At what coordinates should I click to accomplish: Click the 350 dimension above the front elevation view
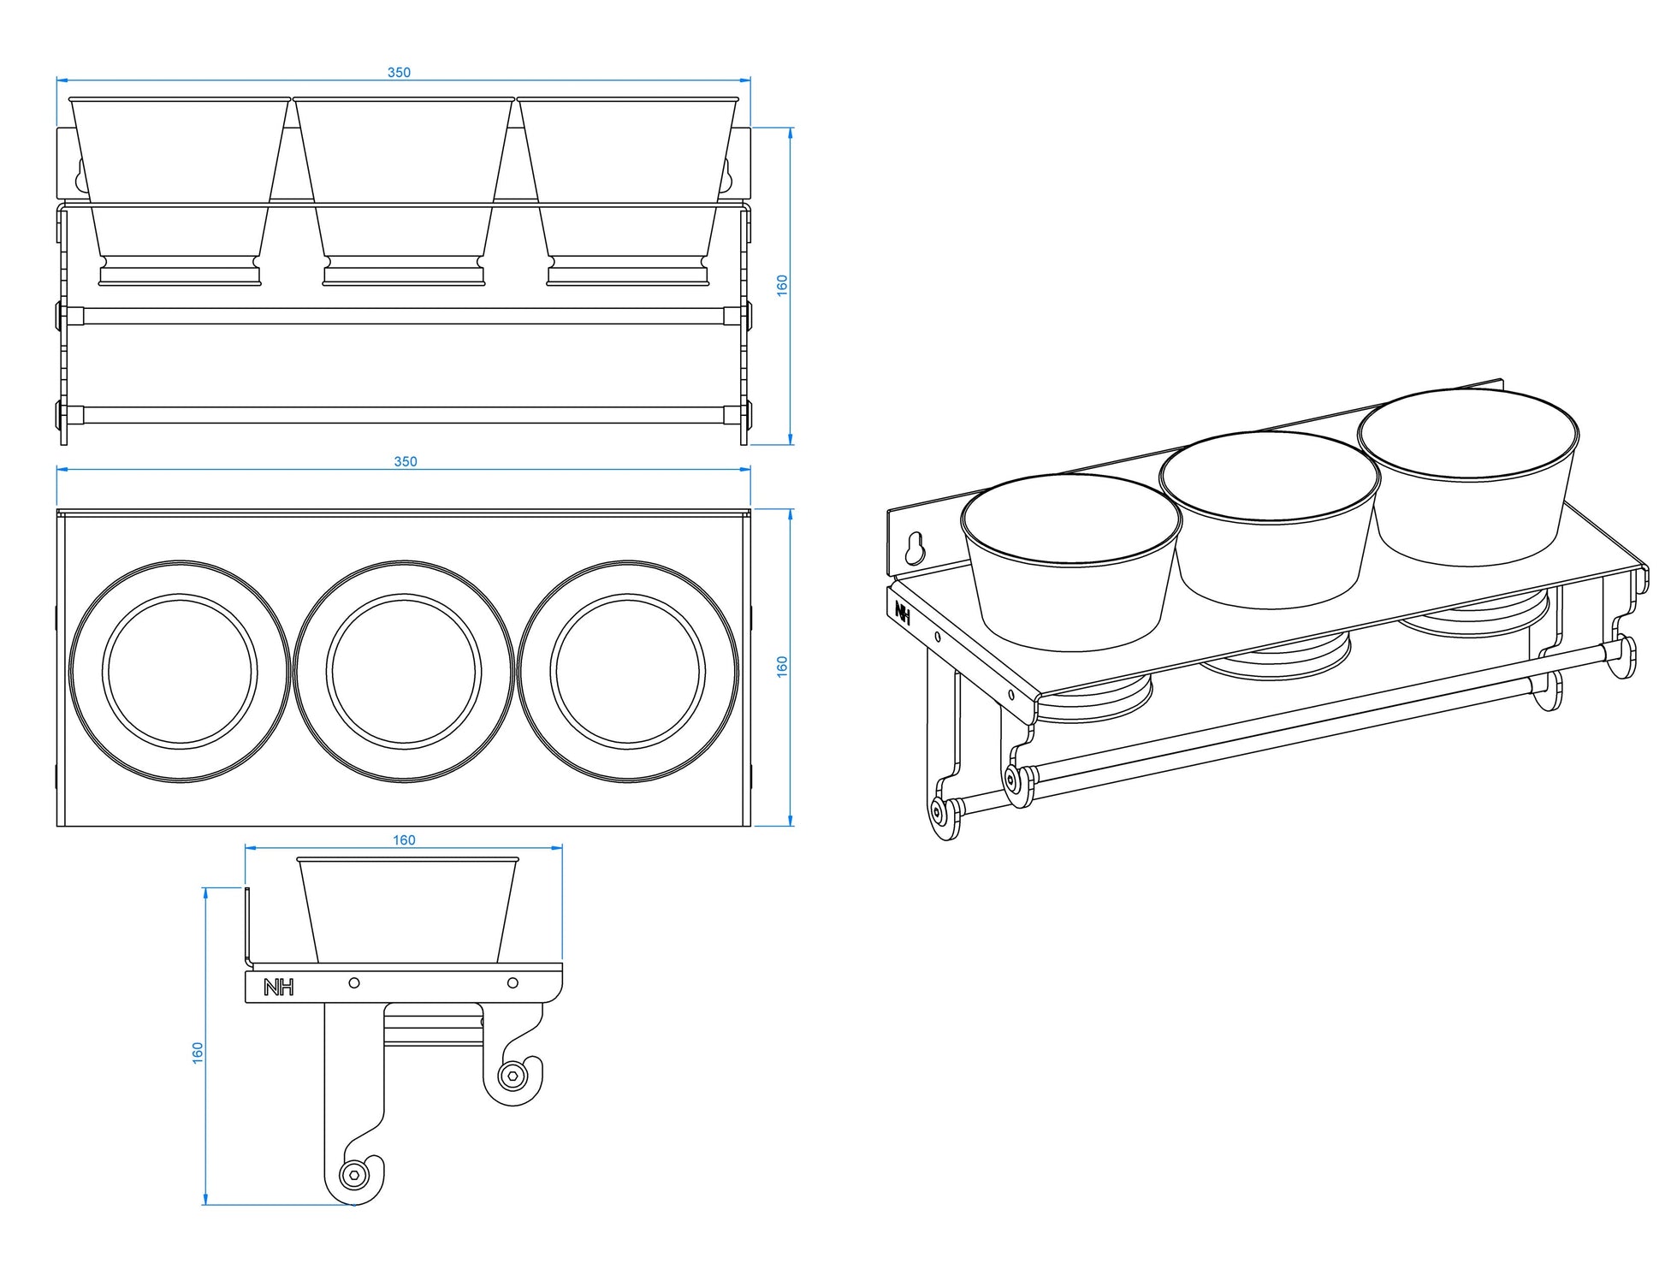(399, 73)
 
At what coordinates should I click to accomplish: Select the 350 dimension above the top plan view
(406, 462)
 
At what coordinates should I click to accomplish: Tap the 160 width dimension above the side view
(404, 840)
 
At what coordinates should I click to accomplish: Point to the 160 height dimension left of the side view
(198, 1053)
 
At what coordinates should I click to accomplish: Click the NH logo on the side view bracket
(279, 987)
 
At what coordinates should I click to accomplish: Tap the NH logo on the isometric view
(903, 610)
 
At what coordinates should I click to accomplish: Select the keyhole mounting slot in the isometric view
(915, 548)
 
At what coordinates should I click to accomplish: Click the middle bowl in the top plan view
(404, 671)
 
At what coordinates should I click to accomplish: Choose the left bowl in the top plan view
(180, 671)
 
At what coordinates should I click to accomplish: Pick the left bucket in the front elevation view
(180, 191)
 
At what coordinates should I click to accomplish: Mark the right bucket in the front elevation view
(627, 191)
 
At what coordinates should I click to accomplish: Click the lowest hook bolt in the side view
(353, 1174)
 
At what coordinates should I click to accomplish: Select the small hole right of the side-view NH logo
(354, 983)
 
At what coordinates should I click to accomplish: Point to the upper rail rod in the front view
(404, 316)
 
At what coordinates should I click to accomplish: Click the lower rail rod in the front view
(404, 415)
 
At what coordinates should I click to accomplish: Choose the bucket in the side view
(408, 910)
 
